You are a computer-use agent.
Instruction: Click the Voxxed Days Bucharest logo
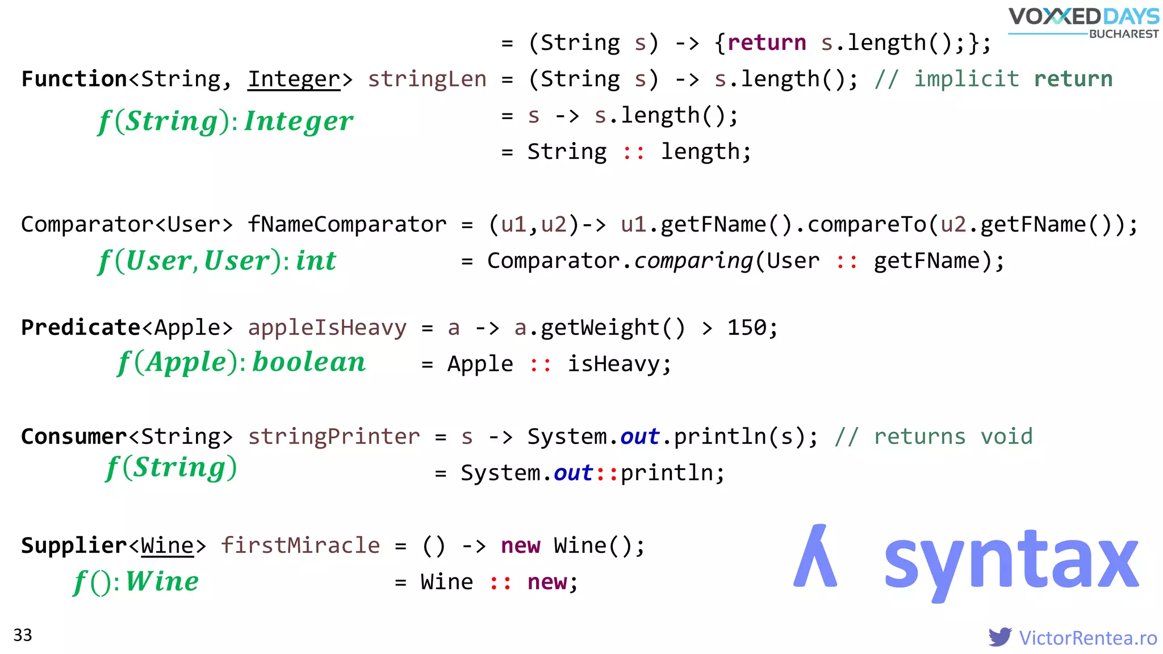[1083, 23]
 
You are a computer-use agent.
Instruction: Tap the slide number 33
[23, 635]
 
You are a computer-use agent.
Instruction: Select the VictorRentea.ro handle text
[1087, 638]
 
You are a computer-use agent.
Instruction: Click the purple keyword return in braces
[767, 43]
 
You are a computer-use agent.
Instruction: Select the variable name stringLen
[427, 79]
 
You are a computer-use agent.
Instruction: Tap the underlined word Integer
[294, 79]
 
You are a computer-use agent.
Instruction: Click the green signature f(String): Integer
[225, 121]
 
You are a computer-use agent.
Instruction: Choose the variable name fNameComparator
[347, 225]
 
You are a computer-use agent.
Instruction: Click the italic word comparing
[693, 261]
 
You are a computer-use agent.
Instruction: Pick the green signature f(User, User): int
[217, 261]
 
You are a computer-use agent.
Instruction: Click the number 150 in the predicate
[747, 328]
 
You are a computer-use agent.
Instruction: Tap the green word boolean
[309, 362]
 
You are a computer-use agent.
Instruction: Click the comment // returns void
[934, 437]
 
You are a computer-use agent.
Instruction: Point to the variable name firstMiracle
[300, 546]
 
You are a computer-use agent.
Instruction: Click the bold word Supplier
[74, 546]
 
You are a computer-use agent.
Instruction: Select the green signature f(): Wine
[136, 582]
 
